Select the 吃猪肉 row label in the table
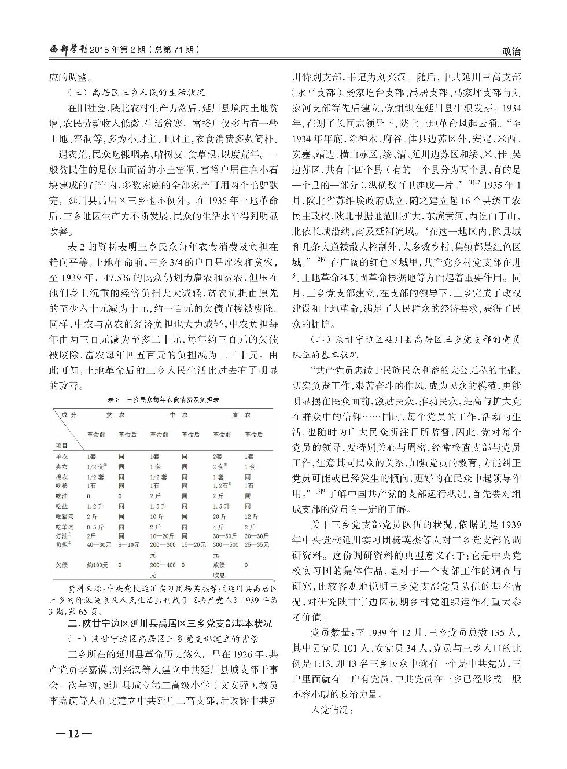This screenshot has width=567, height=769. pos(62,516)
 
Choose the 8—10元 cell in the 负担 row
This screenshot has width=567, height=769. pos(129,544)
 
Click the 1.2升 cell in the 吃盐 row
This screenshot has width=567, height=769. pos(94,506)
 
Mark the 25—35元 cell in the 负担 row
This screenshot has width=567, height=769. pos(255,544)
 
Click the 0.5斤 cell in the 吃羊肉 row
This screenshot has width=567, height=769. pos(94,527)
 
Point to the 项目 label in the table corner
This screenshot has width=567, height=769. pos(61,446)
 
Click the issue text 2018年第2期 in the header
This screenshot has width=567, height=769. pos(119,51)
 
